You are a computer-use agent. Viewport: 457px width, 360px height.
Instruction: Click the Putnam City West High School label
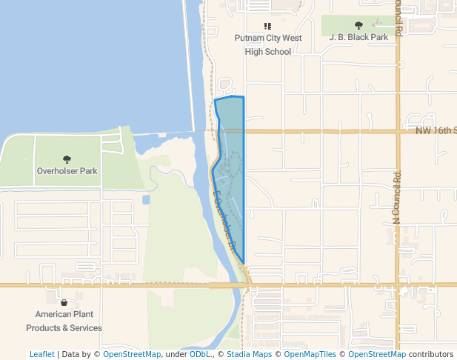pyautogui.click(x=268, y=44)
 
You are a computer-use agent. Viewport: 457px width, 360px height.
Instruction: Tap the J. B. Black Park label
pyautogui.click(x=358, y=36)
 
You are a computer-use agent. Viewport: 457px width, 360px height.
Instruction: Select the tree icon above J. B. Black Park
pyautogui.click(x=358, y=25)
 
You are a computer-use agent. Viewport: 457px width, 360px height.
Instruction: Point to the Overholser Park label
pyautogui.click(x=67, y=171)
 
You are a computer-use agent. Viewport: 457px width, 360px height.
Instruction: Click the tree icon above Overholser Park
pyautogui.click(x=67, y=159)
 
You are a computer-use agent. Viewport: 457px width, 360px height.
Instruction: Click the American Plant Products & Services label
pyautogui.click(x=64, y=321)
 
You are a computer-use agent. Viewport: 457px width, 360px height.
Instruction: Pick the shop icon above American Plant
pyautogui.click(x=64, y=302)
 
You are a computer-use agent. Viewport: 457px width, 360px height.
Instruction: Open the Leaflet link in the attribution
pyautogui.click(x=41, y=354)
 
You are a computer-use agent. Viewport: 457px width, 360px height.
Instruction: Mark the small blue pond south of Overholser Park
pyautogui.click(x=145, y=199)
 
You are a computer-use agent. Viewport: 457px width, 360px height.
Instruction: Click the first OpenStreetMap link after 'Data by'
pyautogui.click(x=132, y=354)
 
